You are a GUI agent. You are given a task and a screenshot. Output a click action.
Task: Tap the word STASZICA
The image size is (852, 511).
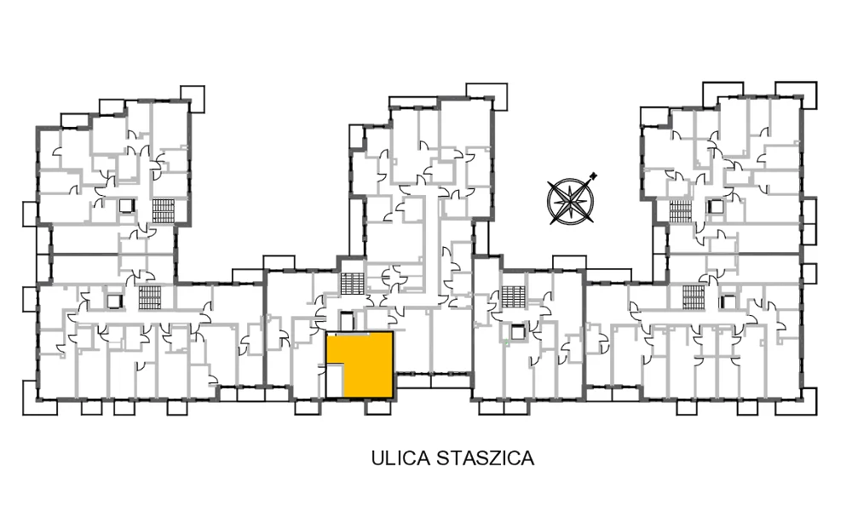tap(486, 458)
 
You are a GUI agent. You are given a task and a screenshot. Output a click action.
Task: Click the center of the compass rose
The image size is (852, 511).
tap(570, 202)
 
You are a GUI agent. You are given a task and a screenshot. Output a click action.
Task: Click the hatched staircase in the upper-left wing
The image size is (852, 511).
tap(163, 210)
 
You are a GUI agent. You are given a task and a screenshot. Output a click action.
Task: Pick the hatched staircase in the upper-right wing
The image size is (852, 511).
tap(680, 210)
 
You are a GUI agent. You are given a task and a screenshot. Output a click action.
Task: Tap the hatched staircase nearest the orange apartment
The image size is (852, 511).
tap(352, 284)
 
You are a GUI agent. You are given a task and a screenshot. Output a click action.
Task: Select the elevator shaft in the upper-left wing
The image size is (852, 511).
tap(127, 206)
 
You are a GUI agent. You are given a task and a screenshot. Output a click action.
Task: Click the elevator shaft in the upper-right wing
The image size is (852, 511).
tap(716, 206)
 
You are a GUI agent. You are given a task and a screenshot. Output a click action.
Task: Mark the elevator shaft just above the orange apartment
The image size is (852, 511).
tap(346, 320)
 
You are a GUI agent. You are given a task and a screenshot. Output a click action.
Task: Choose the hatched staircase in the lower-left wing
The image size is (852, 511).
tap(149, 297)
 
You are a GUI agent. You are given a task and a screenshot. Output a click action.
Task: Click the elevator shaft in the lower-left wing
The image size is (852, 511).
tap(115, 301)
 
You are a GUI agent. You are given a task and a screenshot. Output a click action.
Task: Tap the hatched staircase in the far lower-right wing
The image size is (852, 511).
tap(694, 297)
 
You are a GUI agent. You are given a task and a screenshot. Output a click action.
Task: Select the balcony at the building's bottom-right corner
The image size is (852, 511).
tap(802, 401)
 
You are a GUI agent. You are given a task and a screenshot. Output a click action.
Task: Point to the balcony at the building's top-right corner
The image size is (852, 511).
tap(796, 95)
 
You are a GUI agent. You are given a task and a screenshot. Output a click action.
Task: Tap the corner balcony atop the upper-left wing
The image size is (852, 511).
tap(193, 98)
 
